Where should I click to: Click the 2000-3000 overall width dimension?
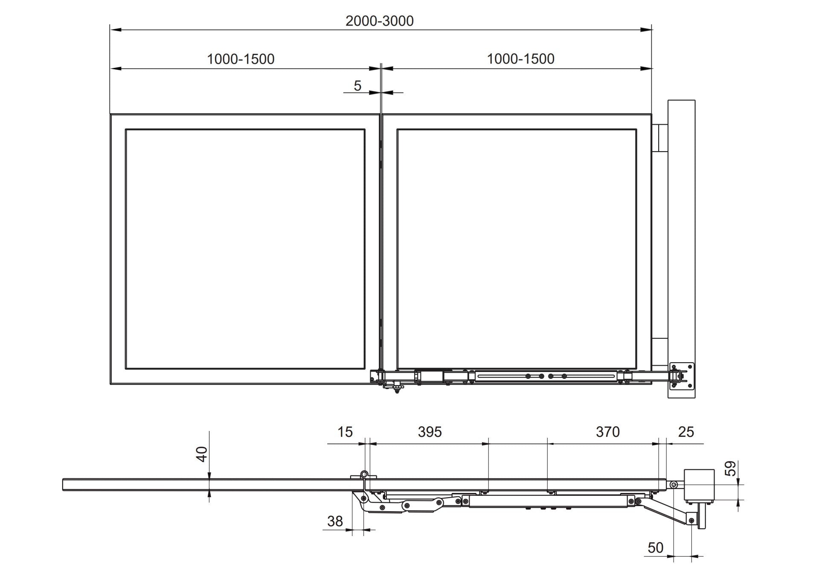click(379, 21)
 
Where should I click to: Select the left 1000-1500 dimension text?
click(241, 59)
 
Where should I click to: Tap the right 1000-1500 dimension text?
click(520, 59)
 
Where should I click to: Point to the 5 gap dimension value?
click(357, 86)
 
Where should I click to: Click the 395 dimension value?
click(430, 432)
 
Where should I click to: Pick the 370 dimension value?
click(607, 432)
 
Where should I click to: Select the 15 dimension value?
click(345, 432)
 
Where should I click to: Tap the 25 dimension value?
click(686, 432)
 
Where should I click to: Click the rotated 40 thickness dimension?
click(202, 454)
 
